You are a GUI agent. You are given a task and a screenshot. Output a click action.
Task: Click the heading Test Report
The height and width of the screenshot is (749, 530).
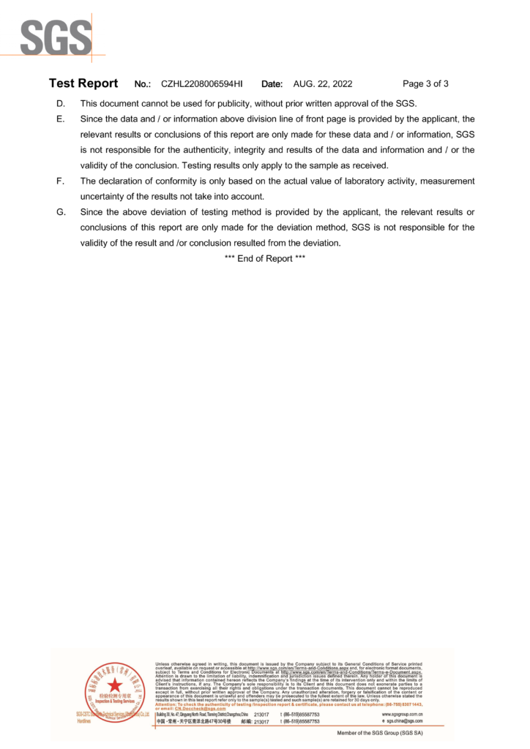pos(83,83)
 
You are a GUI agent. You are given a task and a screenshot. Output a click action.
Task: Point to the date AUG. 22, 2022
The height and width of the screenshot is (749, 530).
pos(323,84)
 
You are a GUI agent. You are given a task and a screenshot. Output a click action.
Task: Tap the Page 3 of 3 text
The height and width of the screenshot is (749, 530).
pos(425,84)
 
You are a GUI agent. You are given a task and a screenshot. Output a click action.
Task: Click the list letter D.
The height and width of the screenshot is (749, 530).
pos(60,103)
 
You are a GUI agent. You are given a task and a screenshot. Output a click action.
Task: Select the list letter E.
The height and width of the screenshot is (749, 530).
pos(60,118)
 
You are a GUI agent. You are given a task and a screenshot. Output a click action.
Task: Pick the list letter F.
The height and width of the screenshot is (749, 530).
pos(60,181)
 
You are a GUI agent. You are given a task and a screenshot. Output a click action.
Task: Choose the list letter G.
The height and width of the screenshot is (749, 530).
pos(60,212)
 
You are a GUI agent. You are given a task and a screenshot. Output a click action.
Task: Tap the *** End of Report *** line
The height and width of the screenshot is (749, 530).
pos(264,258)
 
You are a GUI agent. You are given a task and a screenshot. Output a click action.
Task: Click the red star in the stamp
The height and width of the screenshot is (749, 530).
pos(114,685)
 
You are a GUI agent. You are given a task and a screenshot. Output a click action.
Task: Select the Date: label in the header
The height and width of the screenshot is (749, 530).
pos(272,84)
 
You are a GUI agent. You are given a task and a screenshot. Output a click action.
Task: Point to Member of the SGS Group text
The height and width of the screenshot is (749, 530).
pos(379,732)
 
